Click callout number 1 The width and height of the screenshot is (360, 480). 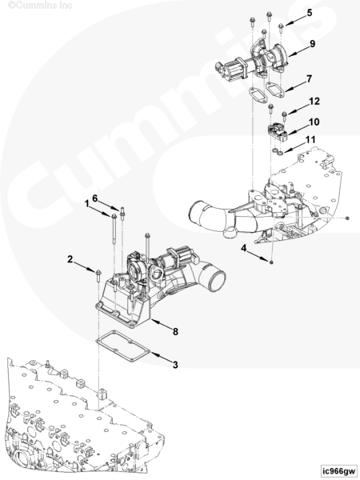pyautogui.click(x=87, y=203)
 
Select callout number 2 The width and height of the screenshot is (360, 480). pyautogui.click(x=70, y=259)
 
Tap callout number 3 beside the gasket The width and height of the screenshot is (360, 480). pyautogui.click(x=175, y=365)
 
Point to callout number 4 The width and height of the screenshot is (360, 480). pyautogui.click(x=243, y=248)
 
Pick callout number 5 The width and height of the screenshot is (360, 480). pyautogui.click(x=310, y=13)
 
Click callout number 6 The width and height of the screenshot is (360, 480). pyautogui.click(x=95, y=198)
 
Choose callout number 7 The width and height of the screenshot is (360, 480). pyautogui.click(x=309, y=78)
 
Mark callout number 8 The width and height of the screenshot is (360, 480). pyautogui.click(x=175, y=331)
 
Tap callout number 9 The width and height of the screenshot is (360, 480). pyautogui.click(x=312, y=43)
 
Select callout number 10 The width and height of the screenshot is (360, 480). pyautogui.click(x=314, y=122)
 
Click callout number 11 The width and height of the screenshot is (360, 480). pyautogui.click(x=310, y=139)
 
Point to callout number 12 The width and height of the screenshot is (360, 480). pyautogui.click(x=314, y=101)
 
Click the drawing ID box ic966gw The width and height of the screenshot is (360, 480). pyautogui.click(x=339, y=470)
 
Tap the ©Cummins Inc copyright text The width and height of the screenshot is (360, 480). pyautogui.click(x=40, y=6)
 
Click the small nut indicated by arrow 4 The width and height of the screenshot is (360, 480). pyautogui.click(x=272, y=262)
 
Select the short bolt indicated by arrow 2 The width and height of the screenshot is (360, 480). pyautogui.click(x=98, y=277)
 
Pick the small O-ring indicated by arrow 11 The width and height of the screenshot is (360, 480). pyautogui.click(x=278, y=151)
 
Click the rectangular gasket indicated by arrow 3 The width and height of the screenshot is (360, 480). pyautogui.click(x=122, y=346)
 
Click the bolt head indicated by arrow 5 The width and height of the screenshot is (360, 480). pyautogui.click(x=282, y=27)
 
